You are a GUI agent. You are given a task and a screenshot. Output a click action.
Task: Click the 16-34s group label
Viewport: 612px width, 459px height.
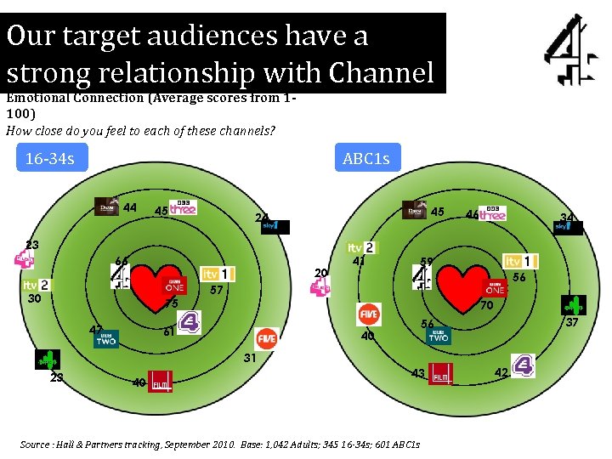[x=51, y=158]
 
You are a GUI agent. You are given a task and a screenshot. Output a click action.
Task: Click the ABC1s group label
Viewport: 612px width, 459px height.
[x=366, y=158]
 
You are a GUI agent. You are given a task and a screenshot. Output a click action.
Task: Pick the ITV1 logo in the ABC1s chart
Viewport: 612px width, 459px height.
[x=520, y=261]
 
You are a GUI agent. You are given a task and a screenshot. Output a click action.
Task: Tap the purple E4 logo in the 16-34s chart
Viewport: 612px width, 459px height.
[x=190, y=321]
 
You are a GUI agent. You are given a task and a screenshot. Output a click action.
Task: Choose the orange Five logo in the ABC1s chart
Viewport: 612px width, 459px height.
[x=368, y=313]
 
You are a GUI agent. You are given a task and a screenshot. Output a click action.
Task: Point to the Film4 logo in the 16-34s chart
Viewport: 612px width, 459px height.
[x=160, y=382]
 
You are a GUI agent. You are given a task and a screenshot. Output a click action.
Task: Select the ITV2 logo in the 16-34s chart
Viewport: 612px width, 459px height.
[x=36, y=286]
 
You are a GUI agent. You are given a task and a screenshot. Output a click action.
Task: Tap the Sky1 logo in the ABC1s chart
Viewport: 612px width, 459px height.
[x=569, y=227]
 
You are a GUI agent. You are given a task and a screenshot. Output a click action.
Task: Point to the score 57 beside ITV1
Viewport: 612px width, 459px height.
[x=217, y=290]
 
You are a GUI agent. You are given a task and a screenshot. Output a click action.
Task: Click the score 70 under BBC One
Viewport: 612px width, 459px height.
[x=487, y=305]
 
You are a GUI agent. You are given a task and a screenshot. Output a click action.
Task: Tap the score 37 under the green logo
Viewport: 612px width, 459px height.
[x=572, y=322]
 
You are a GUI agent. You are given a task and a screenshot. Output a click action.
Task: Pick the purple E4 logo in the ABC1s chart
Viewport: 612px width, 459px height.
[x=525, y=365]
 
